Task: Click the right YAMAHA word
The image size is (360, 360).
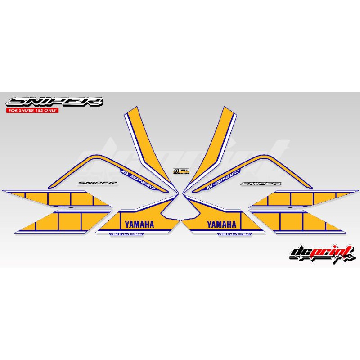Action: tap(221, 224)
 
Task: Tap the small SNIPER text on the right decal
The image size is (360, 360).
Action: tap(261, 184)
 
